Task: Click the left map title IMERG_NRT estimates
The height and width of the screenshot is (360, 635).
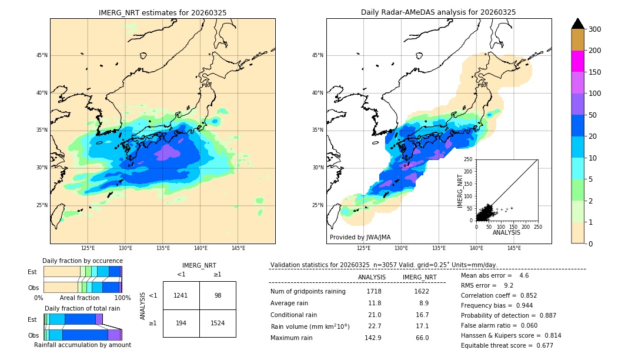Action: click(x=162, y=12)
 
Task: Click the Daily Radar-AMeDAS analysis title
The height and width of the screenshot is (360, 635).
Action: click(x=438, y=12)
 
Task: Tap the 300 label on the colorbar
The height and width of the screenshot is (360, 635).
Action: click(x=595, y=29)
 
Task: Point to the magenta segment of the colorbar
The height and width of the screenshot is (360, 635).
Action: click(x=578, y=61)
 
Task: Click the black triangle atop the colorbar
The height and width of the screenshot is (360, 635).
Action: click(x=578, y=24)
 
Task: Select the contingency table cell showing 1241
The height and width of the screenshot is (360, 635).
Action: click(x=181, y=295)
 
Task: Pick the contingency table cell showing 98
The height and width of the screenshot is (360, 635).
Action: click(x=218, y=295)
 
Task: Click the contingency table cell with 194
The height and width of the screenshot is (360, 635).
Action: click(x=181, y=323)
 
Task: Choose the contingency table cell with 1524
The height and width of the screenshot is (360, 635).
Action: click(x=218, y=323)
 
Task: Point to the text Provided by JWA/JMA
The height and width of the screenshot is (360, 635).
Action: click(x=360, y=238)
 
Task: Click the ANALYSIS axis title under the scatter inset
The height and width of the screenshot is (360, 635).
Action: click(x=507, y=233)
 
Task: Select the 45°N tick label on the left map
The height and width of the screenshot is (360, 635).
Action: click(x=41, y=55)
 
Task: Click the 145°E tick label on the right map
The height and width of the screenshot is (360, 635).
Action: click(x=514, y=248)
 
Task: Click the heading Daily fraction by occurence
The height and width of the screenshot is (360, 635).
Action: click(x=82, y=261)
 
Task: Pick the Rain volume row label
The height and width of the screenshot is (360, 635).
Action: click(x=310, y=326)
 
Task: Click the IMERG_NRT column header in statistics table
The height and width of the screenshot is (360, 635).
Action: click(x=419, y=278)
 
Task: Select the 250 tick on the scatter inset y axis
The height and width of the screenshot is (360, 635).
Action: click(x=469, y=159)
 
